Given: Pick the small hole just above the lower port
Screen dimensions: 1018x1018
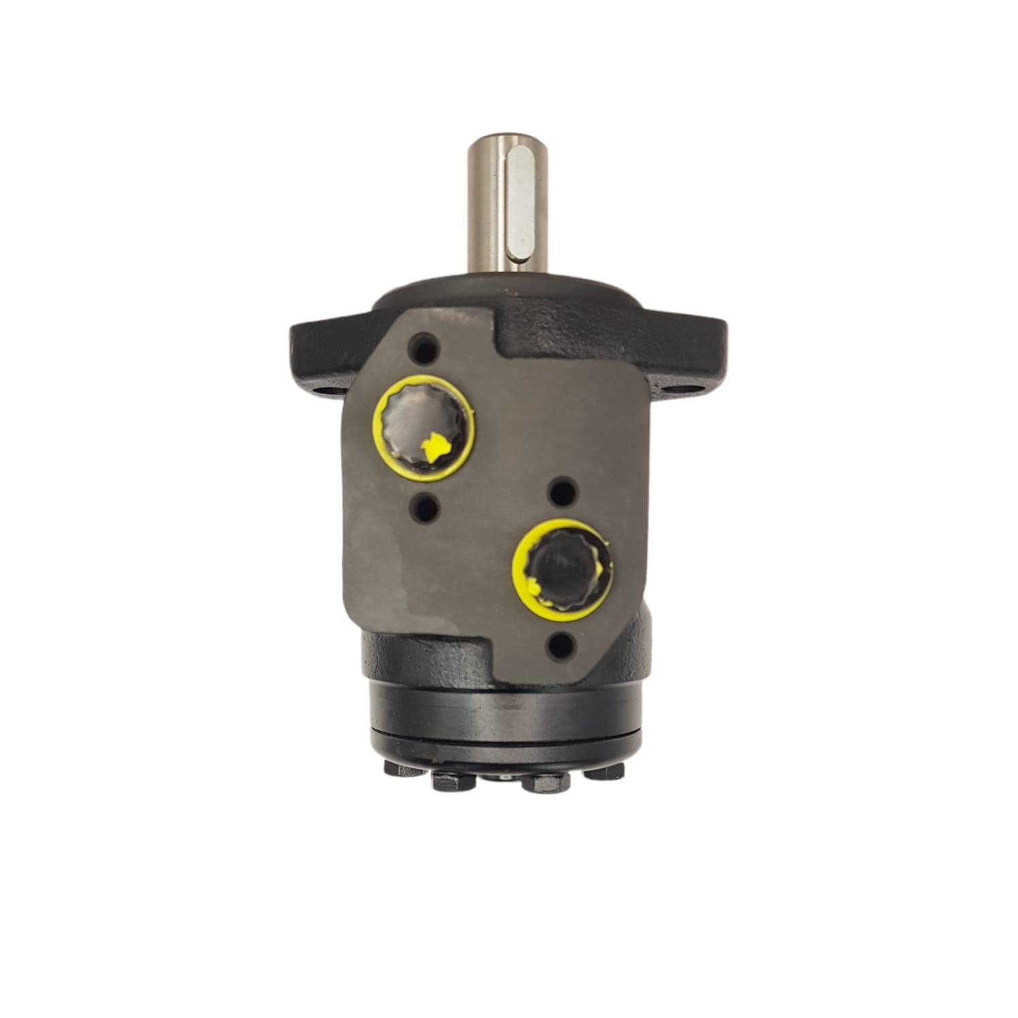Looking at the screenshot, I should [563, 490].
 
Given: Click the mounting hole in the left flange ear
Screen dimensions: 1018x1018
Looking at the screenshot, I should [321, 393].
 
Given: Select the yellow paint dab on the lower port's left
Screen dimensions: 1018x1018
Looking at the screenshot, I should [533, 585].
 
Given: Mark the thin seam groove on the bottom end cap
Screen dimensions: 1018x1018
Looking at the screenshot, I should [505, 733].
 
